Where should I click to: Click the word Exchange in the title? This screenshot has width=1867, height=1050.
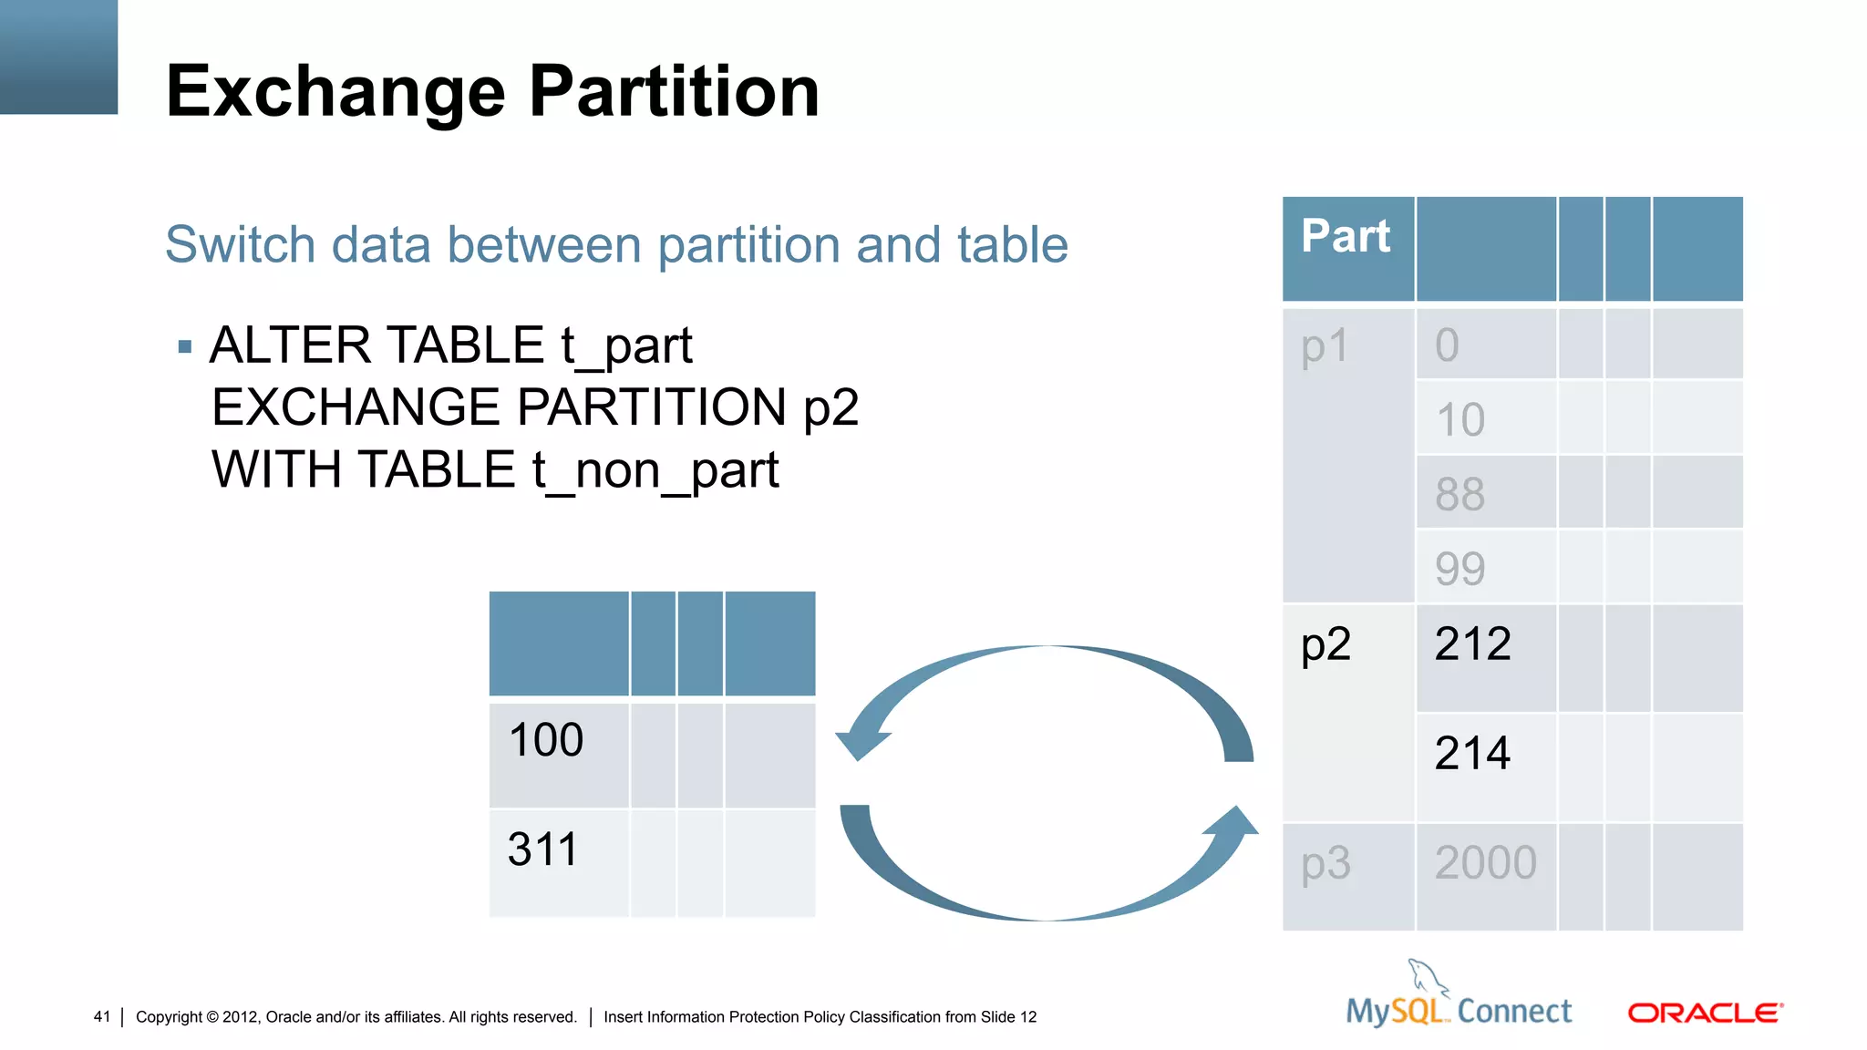335,92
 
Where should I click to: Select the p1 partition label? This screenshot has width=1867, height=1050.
1325,347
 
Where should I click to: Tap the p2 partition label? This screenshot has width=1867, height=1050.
1325,645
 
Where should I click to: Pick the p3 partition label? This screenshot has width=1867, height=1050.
1325,864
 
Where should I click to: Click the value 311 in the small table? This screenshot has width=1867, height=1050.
542,849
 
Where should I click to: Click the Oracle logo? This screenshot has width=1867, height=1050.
1705,1013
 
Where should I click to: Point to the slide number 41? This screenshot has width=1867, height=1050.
101,1016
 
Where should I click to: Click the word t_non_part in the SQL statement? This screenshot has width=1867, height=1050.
655,471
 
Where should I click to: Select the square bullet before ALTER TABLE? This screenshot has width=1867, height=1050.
185,346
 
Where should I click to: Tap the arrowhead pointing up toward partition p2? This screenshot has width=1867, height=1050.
1235,820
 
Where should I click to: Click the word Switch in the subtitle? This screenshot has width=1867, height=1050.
240,245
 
